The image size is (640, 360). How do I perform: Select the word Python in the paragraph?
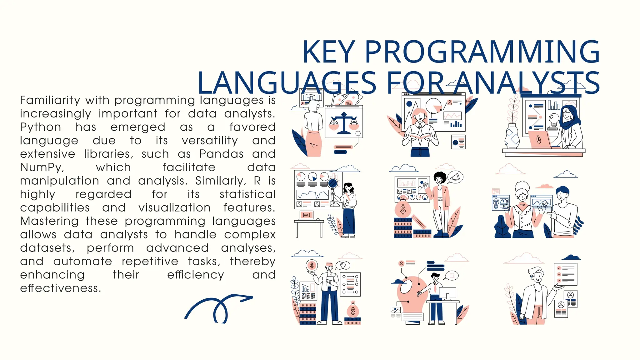41,127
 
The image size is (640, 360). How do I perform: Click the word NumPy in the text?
42,167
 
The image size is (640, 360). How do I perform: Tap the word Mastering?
49,221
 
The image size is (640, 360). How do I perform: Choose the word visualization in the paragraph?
174,208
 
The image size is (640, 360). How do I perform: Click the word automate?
82,262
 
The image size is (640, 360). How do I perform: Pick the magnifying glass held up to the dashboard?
333,184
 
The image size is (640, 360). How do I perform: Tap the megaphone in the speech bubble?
455,177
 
